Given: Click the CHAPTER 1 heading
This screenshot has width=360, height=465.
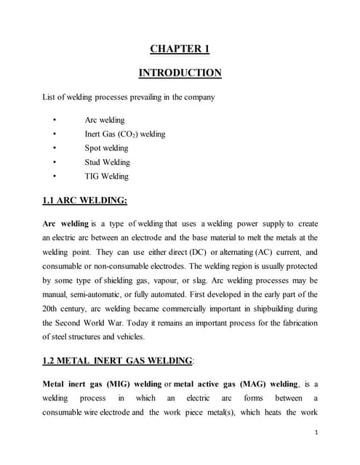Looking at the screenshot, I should [x=180, y=49].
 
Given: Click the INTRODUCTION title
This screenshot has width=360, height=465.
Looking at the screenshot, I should [x=180, y=73].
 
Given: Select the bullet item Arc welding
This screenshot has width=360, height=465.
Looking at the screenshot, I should [x=105, y=120].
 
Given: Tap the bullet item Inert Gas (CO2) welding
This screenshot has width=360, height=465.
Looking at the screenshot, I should [x=124, y=134].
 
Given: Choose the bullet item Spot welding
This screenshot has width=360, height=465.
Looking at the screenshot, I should [x=106, y=148].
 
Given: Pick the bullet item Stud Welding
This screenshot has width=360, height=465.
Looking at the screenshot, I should [x=107, y=162].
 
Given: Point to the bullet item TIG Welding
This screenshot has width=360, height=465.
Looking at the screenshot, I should [x=106, y=176].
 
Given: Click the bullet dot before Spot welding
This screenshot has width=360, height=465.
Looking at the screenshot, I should [x=55, y=148].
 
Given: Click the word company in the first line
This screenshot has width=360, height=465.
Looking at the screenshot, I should [x=199, y=97].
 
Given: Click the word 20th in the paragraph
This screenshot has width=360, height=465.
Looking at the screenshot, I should [x=53, y=308].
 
